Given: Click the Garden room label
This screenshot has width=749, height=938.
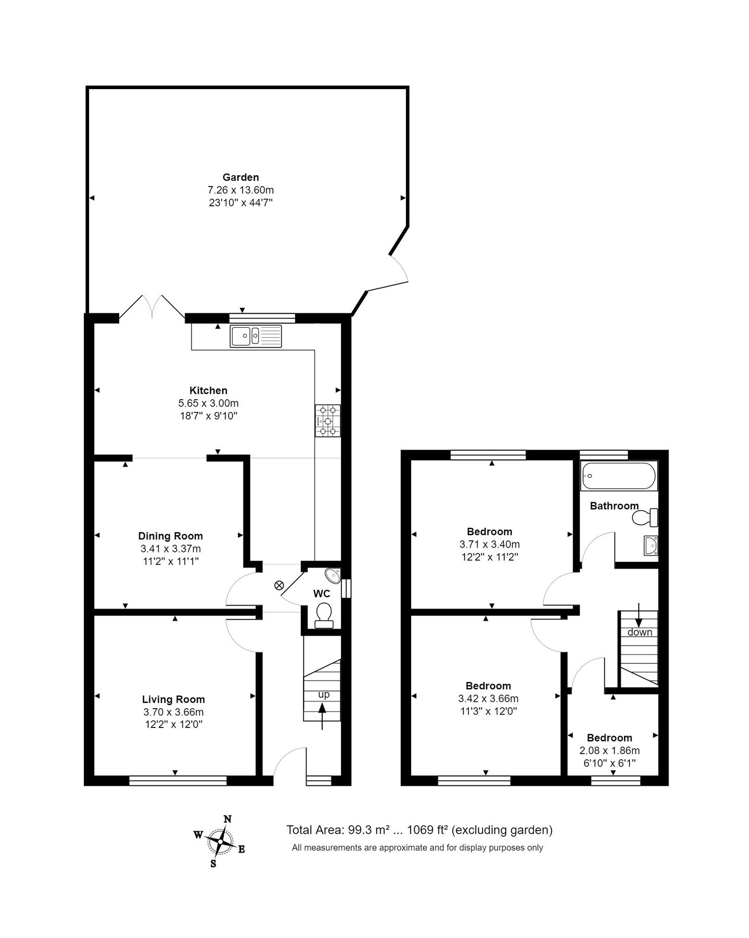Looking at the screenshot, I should tap(240, 177).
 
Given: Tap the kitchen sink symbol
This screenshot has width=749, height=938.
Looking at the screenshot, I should tap(256, 336).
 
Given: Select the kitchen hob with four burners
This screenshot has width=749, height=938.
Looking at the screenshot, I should tap(327, 421).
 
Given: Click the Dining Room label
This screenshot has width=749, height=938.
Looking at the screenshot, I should tap(170, 536).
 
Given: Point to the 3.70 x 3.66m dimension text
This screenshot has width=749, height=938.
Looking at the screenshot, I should tap(173, 712).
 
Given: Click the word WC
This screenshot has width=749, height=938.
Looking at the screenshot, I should tap(322, 594).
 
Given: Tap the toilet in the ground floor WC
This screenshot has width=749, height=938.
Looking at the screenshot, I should tap(324, 615).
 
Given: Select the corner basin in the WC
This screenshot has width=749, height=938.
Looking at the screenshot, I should tap(333, 575).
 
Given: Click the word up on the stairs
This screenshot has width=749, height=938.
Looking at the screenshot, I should tap(324, 695).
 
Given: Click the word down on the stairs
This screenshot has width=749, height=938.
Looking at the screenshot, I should tap(640, 632).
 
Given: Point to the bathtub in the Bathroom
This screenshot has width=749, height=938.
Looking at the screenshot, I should tap(618, 476).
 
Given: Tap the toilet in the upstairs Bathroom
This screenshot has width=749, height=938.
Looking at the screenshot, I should tap(645, 517).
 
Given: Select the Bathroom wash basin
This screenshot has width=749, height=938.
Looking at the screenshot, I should tap(650, 545).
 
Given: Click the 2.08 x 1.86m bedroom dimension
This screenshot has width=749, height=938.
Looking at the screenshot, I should tap(610, 750).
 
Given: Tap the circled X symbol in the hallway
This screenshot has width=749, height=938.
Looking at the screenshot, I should tap(278, 586).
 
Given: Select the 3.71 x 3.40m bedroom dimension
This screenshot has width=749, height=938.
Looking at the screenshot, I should tap(489, 544).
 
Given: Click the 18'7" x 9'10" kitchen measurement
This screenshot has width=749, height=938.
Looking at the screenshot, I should tap(208, 416).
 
